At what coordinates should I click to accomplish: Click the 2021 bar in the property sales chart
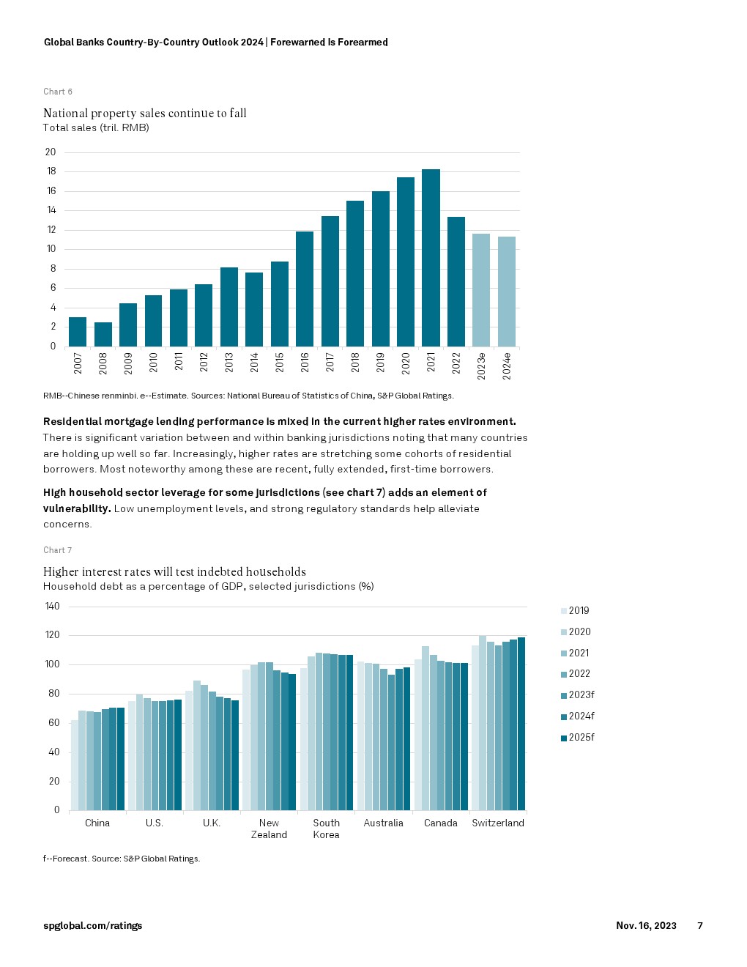click(431, 258)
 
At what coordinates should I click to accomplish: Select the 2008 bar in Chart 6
click(103, 334)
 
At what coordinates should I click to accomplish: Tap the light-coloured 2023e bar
click(481, 290)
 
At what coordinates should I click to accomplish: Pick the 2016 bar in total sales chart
click(305, 289)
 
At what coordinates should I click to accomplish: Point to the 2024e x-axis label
click(507, 365)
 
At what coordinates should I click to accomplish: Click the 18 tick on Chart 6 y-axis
click(51, 171)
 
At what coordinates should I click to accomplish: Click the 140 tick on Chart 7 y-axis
click(53, 607)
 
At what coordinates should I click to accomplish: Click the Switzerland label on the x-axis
click(498, 823)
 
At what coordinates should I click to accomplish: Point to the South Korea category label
click(327, 829)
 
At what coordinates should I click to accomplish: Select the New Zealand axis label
click(269, 829)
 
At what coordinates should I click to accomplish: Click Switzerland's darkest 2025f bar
click(521, 724)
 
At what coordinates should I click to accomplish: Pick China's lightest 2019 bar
click(75, 765)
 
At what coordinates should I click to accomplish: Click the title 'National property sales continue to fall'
click(145, 113)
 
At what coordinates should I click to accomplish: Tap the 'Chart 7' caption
click(58, 550)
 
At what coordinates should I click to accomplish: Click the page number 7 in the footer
click(700, 926)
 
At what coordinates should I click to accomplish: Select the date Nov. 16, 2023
click(646, 926)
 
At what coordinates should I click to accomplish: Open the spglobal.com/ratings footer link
click(93, 926)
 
